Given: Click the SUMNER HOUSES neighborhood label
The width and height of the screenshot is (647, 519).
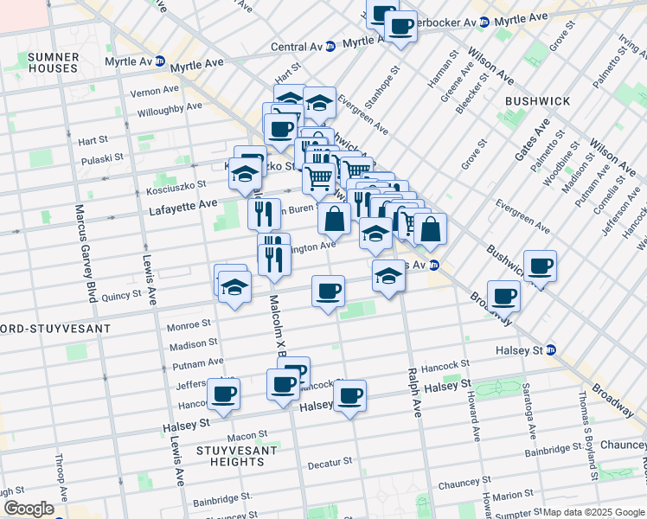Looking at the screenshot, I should coord(54,62).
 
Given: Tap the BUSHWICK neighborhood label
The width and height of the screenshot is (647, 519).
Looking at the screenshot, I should coord(537,101).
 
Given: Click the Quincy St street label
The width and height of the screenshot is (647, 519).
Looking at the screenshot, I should coord(120,295).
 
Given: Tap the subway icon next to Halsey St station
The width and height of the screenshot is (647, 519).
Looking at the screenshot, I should coord(551,350).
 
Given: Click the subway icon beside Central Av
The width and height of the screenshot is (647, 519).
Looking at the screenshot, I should coord(330,47).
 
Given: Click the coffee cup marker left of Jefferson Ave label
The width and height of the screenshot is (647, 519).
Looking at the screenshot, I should coord(223,394).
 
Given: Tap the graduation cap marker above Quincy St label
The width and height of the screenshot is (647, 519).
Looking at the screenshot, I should coord(234,286).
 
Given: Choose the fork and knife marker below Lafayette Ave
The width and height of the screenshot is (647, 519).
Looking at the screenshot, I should coord(264,212).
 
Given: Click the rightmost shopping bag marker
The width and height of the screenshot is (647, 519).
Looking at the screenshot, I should coord(430,230).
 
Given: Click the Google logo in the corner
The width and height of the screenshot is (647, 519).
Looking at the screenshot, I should coord(29,509).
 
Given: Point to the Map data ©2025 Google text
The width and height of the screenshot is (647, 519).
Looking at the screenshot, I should coord(593,512).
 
